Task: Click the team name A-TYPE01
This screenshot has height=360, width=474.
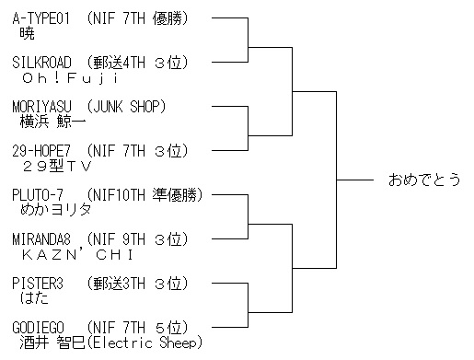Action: pos(41,18)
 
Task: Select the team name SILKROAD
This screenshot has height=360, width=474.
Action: pos(41,63)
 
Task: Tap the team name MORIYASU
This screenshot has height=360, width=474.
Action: pos(41,107)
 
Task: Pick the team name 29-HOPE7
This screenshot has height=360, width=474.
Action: pos(41,151)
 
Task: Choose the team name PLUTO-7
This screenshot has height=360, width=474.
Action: pos(38,195)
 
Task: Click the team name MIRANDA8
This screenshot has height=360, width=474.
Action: pos(41,239)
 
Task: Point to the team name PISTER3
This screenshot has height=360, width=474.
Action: pos(38,284)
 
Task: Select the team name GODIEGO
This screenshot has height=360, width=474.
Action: pos(39,328)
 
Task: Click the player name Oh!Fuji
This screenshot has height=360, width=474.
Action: pos(70,78)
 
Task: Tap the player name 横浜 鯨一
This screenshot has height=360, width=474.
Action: pos(52,122)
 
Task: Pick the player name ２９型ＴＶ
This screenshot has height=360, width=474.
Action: pos(57,167)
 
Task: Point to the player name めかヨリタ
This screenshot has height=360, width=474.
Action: pos(55,211)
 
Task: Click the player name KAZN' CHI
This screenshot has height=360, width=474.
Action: pos(77,254)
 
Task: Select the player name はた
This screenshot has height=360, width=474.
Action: pos(34,298)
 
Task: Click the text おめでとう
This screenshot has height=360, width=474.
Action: pos(424,180)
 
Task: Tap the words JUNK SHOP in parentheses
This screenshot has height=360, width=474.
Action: pos(126,107)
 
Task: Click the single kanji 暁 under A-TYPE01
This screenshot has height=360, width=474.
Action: pos(27,34)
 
